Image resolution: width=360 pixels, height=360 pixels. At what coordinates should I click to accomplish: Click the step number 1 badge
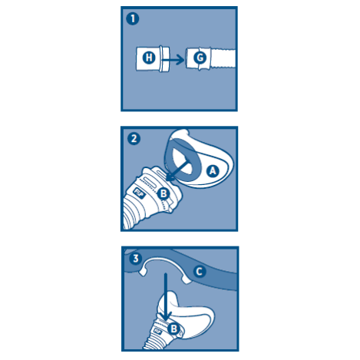(133, 19)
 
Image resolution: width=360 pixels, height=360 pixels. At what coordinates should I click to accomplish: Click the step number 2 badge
(134, 139)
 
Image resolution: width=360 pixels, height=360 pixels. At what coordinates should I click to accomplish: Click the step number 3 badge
(136, 258)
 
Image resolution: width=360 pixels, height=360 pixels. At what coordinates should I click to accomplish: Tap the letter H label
(149, 58)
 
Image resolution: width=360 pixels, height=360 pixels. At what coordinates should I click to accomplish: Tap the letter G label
(200, 58)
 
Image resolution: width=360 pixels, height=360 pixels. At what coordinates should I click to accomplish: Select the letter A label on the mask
(213, 171)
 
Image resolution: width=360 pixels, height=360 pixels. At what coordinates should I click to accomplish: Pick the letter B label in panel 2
(163, 193)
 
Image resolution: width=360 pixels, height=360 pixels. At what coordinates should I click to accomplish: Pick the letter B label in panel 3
(173, 329)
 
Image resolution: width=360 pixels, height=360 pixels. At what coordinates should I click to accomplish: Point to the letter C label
(200, 272)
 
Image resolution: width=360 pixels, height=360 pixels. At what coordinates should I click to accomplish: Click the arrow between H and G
(173, 60)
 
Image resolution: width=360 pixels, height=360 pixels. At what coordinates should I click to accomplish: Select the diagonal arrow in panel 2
(177, 170)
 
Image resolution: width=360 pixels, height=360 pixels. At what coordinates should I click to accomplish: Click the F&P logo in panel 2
(140, 193)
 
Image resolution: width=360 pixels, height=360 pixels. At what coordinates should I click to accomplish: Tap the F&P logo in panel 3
(157, 331)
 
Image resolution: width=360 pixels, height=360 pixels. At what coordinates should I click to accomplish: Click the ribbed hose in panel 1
(223, 58)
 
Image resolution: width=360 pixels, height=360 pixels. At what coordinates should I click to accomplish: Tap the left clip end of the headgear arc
(143, 272)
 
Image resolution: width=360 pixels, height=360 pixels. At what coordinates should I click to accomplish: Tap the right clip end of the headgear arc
(187, 280)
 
